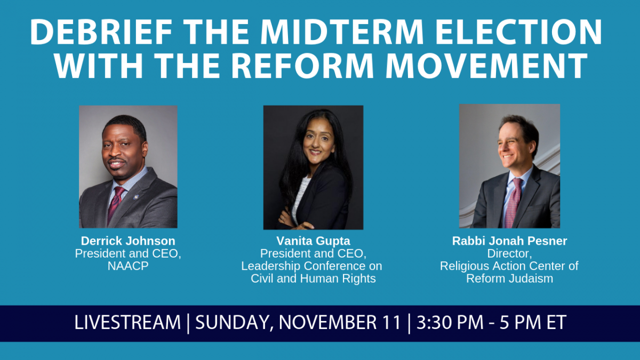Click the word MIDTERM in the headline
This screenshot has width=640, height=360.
coord(342,31)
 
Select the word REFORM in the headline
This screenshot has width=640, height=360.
coord(302,65)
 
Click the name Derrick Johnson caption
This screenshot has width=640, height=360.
coord(128,241)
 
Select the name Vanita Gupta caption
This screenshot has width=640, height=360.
coord(313,241)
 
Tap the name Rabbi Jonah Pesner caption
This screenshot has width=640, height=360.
coord(509,241)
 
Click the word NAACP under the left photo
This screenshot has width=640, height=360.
coord(128,266)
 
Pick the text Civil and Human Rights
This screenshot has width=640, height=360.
coord(313,278)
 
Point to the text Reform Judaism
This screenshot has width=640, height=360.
coord(509,278)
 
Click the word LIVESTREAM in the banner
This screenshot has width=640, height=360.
coord(127,322)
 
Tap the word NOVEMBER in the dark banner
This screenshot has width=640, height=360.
coord(339,322)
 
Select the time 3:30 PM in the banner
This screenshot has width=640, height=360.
coord(450,322)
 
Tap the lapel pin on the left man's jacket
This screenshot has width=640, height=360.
coord(134,197)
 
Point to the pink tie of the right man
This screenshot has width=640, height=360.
coord(514,202)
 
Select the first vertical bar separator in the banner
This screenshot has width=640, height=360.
coord(188,323)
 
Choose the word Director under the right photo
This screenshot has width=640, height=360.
coord(509,253)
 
